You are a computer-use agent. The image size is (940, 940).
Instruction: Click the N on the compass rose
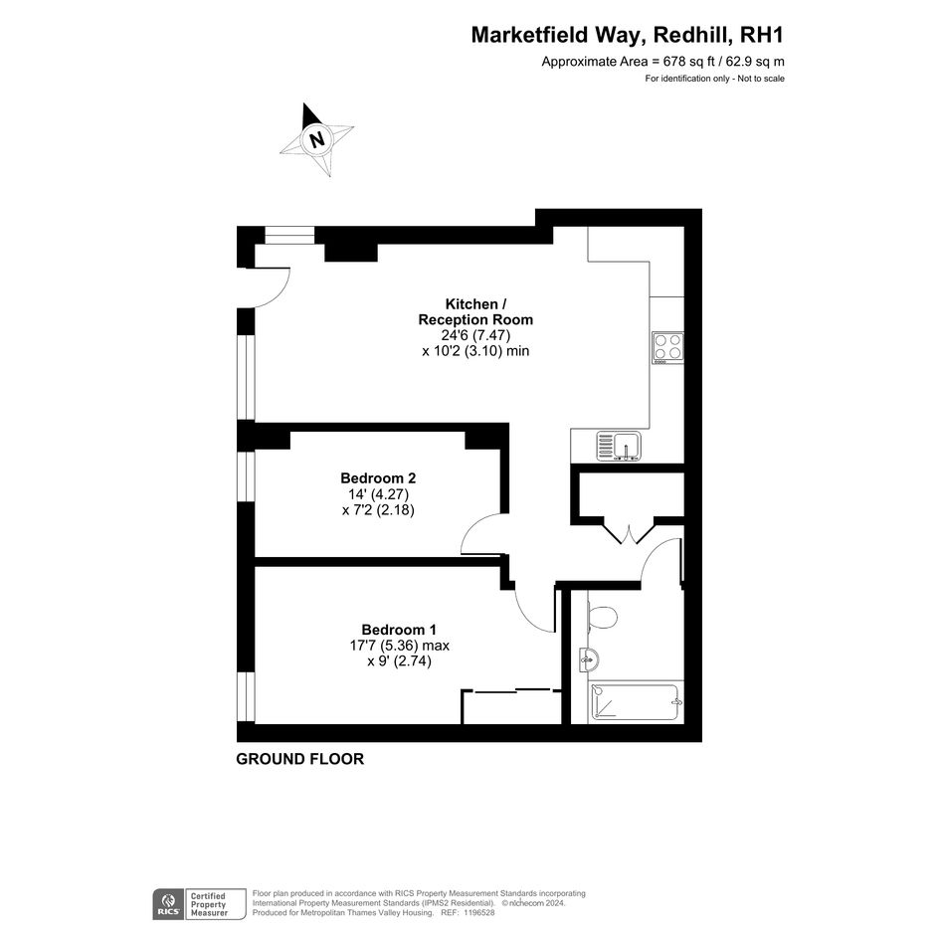point(316,139)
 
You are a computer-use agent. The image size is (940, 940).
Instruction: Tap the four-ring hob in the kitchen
point(667,348)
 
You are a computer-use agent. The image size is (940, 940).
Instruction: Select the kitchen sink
point(619,447)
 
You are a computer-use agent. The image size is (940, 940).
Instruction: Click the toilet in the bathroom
point(603,617)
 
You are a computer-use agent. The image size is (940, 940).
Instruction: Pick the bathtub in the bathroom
point(637,702)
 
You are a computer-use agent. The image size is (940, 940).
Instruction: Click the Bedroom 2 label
point(378,478)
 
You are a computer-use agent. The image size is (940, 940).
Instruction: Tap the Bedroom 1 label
point(399,630)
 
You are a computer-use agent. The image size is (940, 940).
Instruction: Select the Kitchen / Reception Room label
point(475,311)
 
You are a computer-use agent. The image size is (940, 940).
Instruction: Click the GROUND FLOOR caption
point(299,759)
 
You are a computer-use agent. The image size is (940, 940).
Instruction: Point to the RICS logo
point(168,904)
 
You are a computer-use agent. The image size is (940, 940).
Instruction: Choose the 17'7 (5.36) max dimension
point(399,646)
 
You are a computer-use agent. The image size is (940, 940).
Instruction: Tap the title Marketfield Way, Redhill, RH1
point(627,35)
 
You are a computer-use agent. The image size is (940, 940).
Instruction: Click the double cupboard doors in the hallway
point(628,533)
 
